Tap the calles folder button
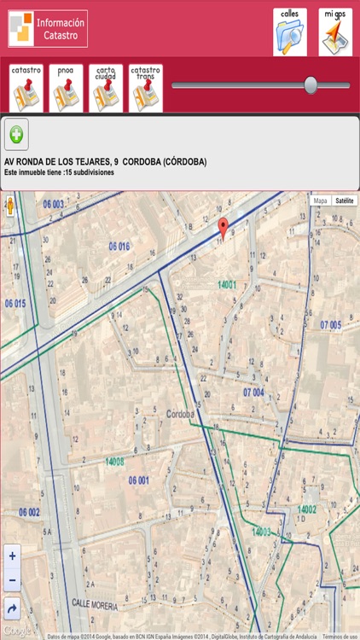point(290,32)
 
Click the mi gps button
point(335,32)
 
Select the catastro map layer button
point(26,88)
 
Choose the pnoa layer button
point(66,88)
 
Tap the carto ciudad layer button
point(106,88)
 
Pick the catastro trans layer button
point(146,88)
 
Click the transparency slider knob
point(311,84)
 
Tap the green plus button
point(16,134)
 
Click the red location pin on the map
point(224,227)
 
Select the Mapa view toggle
point(320,201)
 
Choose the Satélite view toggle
point(345,201)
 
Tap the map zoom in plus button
point(12,556)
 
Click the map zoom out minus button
point(12,580)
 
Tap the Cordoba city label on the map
point(181,415)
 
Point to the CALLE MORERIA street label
point(94,601)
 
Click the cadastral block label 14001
point(227,284)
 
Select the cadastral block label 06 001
point(139,480)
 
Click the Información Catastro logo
point(48,29)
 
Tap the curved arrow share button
point(12,608)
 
